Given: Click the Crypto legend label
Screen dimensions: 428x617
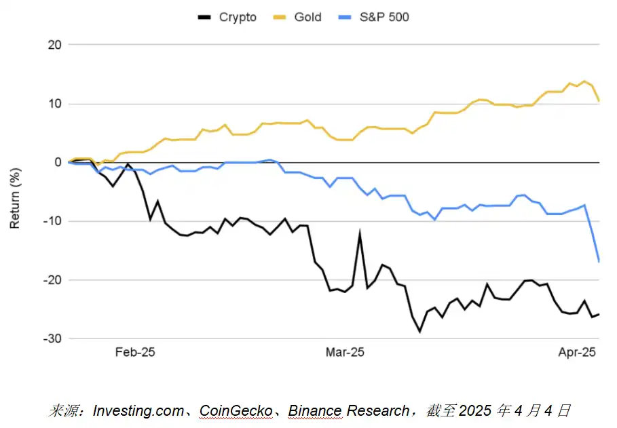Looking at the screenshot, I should [238, 17].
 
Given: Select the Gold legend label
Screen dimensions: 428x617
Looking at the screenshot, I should [307, 17].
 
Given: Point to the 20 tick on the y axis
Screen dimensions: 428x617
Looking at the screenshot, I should [55, 45].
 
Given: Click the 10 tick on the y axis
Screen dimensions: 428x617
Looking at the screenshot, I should [55, 104].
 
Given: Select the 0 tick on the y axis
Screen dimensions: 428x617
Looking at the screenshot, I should [58, 163].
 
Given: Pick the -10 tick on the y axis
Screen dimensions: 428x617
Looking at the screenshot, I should [53, 221].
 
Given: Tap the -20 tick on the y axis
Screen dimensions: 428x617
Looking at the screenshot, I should [53, 280].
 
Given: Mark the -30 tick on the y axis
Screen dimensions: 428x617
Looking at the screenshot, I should [53, 338].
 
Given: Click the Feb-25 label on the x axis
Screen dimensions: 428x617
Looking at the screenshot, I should [135, 353].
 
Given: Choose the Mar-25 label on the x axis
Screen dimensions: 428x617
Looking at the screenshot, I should [345, 353].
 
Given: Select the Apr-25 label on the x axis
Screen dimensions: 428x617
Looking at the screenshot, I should [577, 353].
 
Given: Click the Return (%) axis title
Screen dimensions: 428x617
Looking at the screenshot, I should [15, 192].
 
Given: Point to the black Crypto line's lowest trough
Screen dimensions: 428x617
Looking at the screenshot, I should [419, 332].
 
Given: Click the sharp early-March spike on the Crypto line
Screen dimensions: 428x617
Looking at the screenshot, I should [360, 233].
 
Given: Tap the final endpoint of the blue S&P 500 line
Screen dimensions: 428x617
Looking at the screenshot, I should [599, 261].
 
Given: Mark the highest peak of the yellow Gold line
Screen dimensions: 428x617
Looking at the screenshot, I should [584, 81].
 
